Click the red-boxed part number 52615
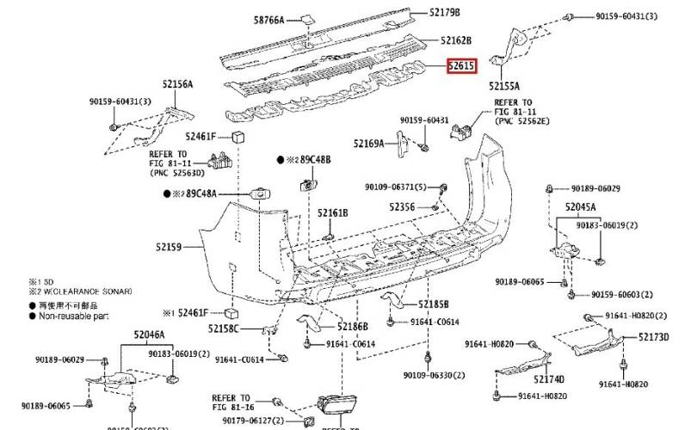click(460, 66)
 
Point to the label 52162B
click(456, 40)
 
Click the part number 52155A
click(504, 86)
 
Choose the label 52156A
click(177, 84)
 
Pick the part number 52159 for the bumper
click(169, 248)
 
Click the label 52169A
click(368, 144)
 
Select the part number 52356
click(401, 207)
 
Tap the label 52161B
click(332, 212)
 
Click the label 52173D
click(653, 338)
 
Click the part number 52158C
click(225, 329)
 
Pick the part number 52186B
click(353, 327)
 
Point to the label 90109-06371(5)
click(395, 187)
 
